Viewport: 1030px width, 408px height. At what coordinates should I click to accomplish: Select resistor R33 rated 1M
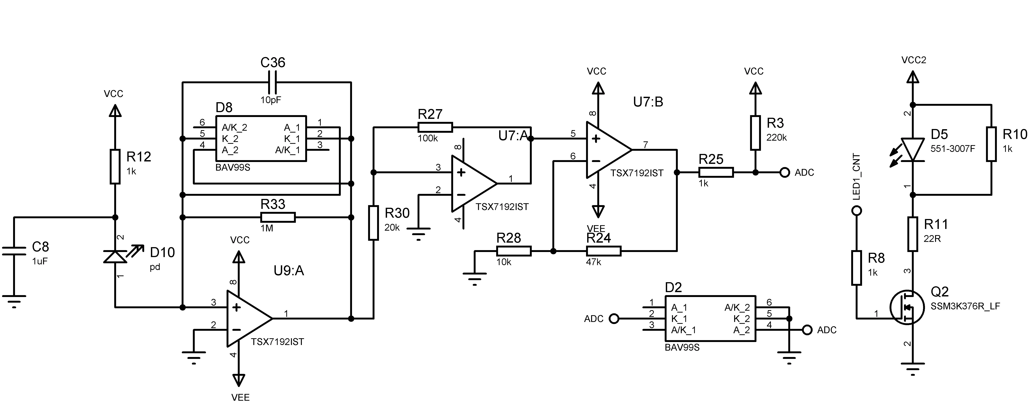point(278,217)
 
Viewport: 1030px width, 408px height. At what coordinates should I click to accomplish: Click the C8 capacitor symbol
point(14,251)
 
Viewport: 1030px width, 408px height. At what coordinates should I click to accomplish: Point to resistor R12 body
point(115,166)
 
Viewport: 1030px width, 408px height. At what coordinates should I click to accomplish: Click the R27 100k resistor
point(435,127)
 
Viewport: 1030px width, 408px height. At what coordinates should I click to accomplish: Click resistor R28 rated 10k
point(514,251)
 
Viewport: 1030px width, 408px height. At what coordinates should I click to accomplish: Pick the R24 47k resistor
point(604,251)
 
